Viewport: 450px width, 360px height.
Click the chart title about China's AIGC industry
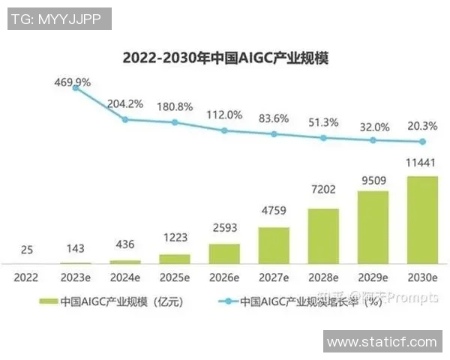click(225, 58)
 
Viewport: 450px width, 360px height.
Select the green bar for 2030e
click(421, 220)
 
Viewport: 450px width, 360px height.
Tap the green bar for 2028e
click(323, 235)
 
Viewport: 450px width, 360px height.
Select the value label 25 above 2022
click(26, 250)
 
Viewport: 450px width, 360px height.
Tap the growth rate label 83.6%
click(274, 118)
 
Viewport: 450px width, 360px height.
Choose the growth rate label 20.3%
click(421, 125)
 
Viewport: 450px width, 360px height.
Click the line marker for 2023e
click(76, 88)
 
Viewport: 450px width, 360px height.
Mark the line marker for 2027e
click(274, 134)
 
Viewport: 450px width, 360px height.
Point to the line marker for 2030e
click(422, 142)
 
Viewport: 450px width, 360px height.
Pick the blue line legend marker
click(226, 301)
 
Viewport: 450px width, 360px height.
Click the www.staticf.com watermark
click(382, 342)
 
